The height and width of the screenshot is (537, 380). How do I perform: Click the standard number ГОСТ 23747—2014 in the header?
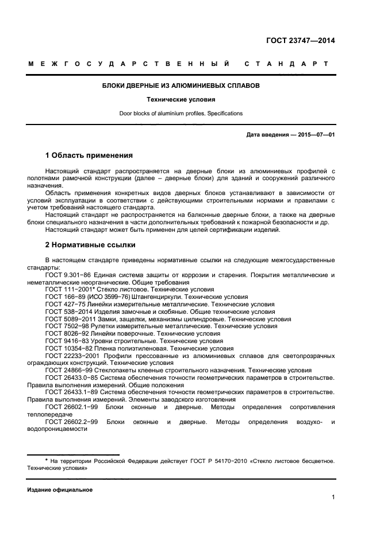300,41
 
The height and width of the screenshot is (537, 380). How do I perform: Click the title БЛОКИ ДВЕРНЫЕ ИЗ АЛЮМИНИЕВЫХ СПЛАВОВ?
181,85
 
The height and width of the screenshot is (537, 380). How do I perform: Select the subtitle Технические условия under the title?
181,99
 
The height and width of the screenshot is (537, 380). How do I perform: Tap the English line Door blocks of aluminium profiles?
181,113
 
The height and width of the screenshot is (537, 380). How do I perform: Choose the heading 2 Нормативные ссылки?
90,245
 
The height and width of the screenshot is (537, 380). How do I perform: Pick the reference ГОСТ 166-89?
64,297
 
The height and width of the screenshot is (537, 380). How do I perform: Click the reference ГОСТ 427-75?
64,304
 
